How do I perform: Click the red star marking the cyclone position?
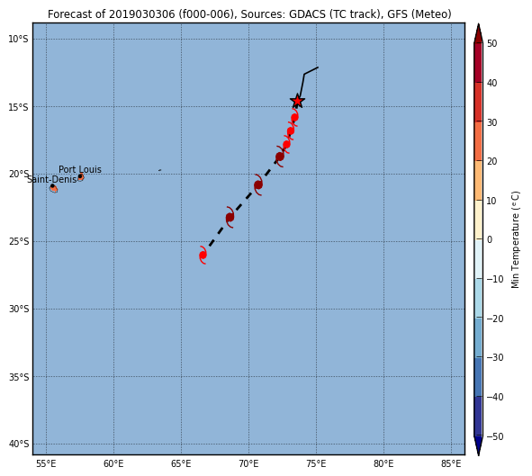click(x=297, y=101)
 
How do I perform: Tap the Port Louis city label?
click(x=80, y=169)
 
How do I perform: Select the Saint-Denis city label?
click(x=52, y=179)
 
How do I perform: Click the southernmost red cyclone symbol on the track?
click(x=203, y=255)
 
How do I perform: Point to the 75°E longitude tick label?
click(x=316, y=463)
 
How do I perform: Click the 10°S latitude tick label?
click(x=18, y=40)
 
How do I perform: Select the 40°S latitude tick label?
click(x=18, y=445)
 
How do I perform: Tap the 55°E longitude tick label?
click(x=46, y=463)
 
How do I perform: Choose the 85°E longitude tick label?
click(x=451, y=463)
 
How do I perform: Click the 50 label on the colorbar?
click(x=492, y=44)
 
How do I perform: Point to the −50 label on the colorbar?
click(x=495, y=436)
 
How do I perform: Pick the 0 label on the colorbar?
click(x=490, y=239)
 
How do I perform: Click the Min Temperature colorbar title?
click(x=516, y=240)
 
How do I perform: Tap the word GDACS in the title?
click(x=303, y=14)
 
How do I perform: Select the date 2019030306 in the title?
click(x=142, y=14)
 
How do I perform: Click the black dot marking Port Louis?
click(x=80, y=176)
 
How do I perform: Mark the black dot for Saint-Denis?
click(x=52, y=186)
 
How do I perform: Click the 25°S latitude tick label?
click(x=18, y=242)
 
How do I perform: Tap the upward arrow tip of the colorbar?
click(x=478, y=23)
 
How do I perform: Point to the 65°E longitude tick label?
click(x=181, y=463)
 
